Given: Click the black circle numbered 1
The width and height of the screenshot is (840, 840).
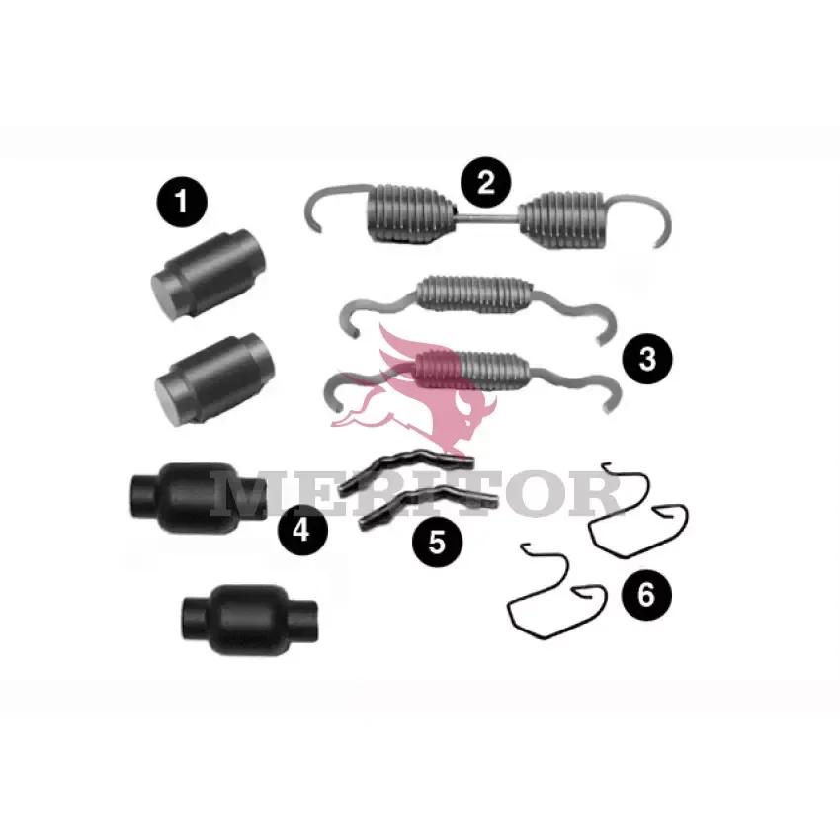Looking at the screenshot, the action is [x=181, y=202].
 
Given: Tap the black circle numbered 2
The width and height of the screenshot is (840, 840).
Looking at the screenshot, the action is [x=486, y=182].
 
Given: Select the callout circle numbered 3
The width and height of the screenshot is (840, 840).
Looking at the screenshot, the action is [x=647, y=359].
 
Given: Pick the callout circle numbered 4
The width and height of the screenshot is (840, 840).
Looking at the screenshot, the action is [x=302, y=531].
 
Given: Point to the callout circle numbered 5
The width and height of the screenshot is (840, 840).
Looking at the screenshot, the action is [x=437, y=542].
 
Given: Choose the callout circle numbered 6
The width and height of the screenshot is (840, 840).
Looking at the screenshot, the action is [x=646, y=595].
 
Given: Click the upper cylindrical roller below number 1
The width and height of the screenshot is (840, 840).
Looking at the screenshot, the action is [x=209, y=275].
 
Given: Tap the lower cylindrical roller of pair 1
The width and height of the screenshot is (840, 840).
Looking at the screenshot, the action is [x=214, y=379].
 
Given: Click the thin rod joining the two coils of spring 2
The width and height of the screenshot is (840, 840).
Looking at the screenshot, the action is [x=487, y=216].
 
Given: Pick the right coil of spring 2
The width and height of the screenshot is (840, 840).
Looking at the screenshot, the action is [x=561, y=219].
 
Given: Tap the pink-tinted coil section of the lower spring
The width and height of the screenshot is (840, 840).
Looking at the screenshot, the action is [x=438, y=370].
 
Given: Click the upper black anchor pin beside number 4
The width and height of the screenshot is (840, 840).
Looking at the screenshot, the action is [x=198, y=498].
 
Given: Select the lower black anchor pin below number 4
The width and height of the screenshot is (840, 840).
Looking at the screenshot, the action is [x=250, y=620].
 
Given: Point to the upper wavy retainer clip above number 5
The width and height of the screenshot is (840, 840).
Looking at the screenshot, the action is [x=406, y=468].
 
